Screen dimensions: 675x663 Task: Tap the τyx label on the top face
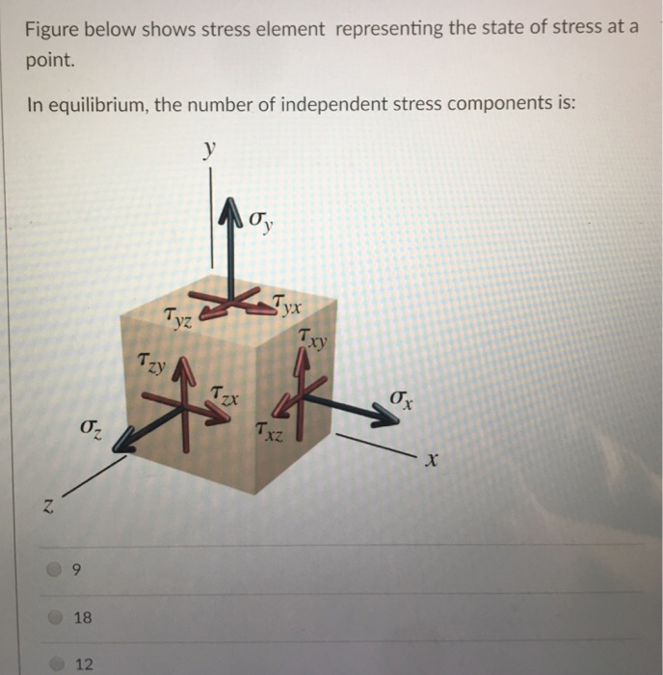click(286, 307)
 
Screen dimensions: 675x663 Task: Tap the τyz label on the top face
click(178, 317)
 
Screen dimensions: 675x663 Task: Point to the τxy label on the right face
click(313, 338)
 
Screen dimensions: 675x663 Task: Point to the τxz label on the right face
click(269, 433)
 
